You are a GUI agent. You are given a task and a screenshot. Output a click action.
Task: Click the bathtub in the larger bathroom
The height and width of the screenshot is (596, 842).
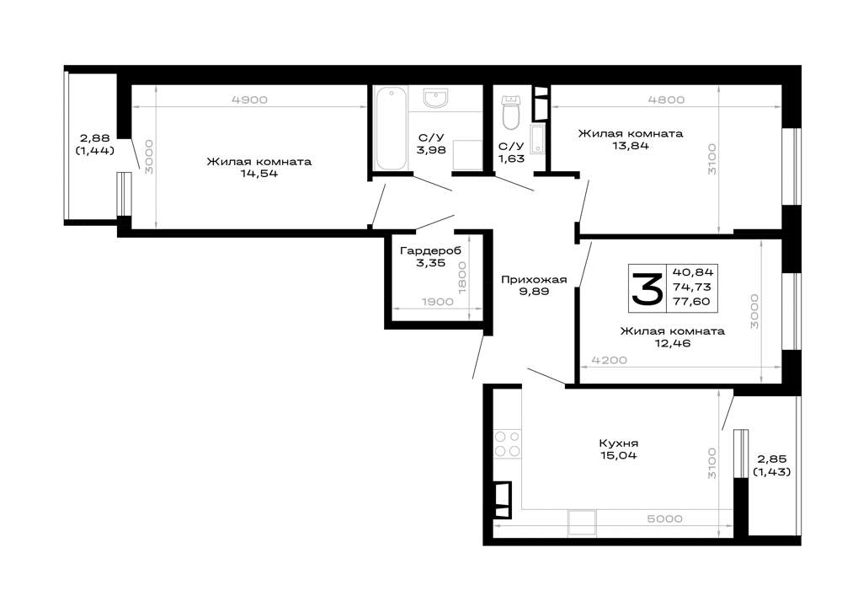[391, 128]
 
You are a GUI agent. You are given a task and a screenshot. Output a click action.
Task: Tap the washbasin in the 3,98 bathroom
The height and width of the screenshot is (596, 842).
[435, 99]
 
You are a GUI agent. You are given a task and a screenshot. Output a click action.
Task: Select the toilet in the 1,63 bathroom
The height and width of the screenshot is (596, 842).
[511, 113]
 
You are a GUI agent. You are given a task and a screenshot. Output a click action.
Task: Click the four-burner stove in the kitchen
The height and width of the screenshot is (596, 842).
[507, 444]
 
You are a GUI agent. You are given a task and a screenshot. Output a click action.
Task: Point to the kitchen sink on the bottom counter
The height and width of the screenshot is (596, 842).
[582, 523]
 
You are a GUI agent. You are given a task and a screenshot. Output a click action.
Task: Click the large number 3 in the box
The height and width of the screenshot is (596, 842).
[647, 288]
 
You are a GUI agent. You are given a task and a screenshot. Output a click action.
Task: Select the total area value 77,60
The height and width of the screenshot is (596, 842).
[691, 302]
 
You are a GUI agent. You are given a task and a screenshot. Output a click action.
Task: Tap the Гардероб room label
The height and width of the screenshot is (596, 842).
[430, 250]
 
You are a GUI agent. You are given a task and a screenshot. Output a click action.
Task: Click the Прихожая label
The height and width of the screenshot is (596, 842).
[534, 280]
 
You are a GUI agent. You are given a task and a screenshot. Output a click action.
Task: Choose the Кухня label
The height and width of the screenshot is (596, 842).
[619, 443]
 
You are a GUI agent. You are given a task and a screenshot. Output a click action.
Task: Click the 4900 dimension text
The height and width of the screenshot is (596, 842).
[250, 99]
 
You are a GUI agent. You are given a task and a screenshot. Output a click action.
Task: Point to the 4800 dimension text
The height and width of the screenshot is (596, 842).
[666, 99]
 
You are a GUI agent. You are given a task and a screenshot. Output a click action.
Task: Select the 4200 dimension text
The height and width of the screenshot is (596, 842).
[610, 360]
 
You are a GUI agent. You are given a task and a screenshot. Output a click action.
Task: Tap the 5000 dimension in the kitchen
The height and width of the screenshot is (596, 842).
[665, 518]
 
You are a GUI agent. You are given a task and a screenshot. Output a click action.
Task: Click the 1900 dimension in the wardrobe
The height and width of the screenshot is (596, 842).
[438, 302]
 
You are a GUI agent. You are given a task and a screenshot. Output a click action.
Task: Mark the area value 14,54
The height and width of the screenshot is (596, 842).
[259, 174]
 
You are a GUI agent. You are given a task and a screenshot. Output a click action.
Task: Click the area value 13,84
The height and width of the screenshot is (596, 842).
[631, 145]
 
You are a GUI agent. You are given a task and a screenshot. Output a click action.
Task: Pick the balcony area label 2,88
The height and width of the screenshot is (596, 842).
[95, 138]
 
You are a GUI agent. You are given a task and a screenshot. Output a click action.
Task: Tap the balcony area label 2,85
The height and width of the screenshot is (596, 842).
[771, 459]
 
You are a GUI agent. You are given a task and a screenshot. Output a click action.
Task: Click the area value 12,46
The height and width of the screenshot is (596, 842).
[672, 343]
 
